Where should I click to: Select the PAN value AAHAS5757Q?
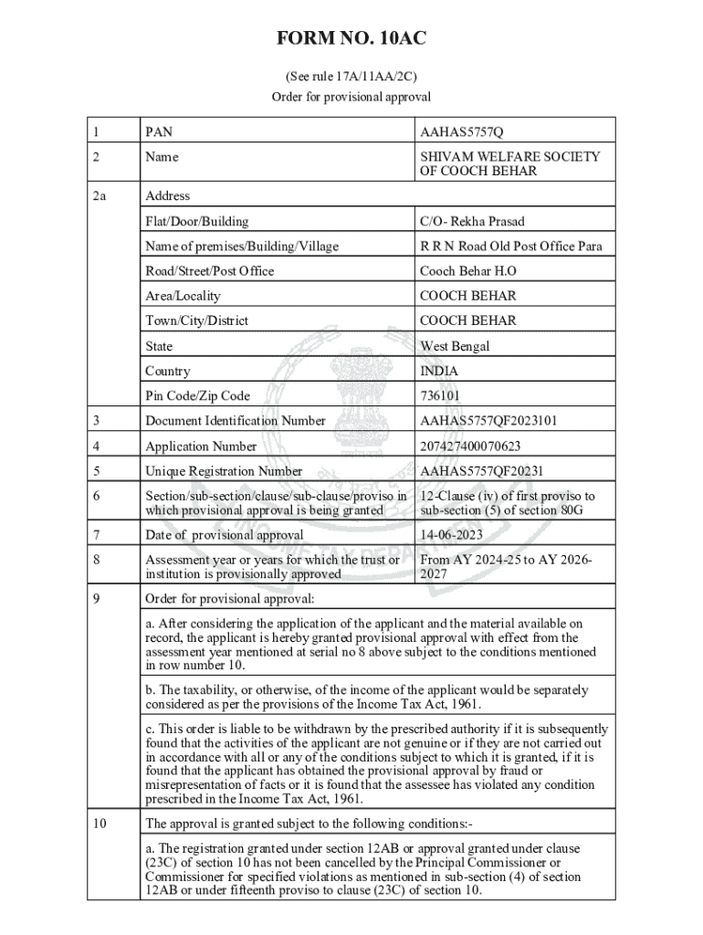point(461,132)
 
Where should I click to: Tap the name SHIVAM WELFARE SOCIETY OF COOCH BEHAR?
point(509,163)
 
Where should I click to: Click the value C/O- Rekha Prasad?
point(472,221)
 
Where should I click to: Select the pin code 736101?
point(440,396)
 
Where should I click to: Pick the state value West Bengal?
point(455,346)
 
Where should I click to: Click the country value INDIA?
point(439,371)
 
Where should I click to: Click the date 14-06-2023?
point(451,534)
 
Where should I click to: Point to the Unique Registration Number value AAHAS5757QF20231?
point(481,471)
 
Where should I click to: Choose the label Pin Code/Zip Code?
point(197,396)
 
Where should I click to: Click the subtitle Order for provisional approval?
point(351,96)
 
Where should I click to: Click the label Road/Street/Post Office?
point(209,270)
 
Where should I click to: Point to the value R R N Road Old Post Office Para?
point(511,246)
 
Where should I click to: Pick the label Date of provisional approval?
point(225,534)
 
